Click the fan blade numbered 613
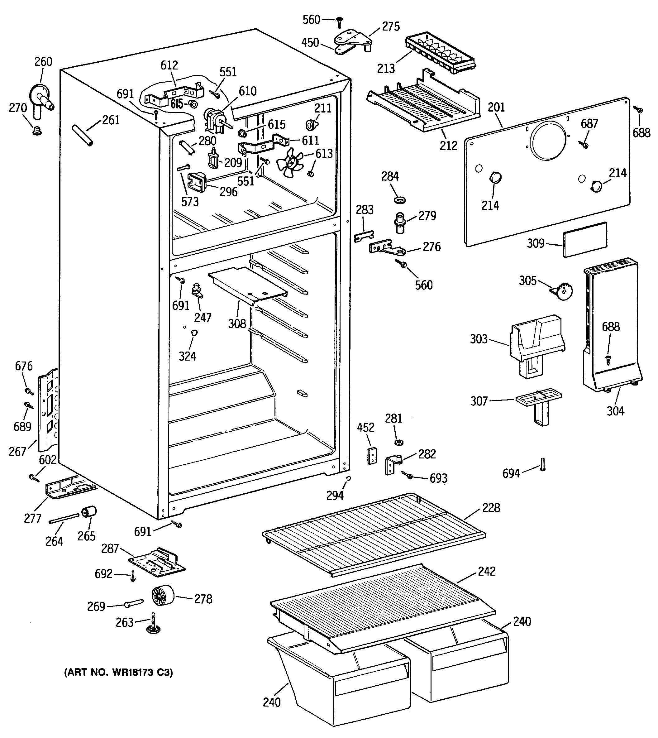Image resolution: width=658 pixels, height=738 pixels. [x=290, y=163]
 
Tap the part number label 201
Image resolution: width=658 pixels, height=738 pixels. [x=496, y=108]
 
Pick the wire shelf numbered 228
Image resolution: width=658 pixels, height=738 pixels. [x=374, y=534]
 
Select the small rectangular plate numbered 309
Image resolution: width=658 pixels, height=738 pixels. [x=585, y=239]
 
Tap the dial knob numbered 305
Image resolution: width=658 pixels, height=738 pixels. [x=562, y=291]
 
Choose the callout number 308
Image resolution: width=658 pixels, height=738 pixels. [x=237, y=323]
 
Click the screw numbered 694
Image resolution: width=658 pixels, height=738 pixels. [x=543, y=465]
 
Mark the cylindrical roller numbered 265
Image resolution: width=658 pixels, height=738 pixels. [x=89, y=512]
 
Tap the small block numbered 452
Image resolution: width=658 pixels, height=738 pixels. [x=372, y=456]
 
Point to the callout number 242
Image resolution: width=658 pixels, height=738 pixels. [x=487, y=571]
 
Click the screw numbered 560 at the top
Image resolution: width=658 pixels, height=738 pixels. [x=340, y=22]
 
